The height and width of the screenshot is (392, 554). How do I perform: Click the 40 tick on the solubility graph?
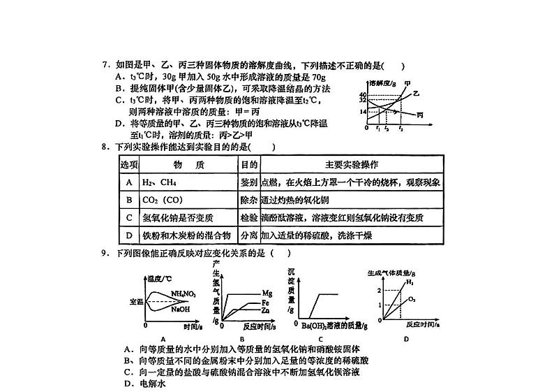click(x=364, y=94)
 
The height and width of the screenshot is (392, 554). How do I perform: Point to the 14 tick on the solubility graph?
click(x=364, y=112)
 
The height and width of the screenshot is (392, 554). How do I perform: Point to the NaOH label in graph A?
click(x=181, y=308)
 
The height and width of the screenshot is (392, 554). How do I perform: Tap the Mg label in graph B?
click(x=267, y=292)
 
